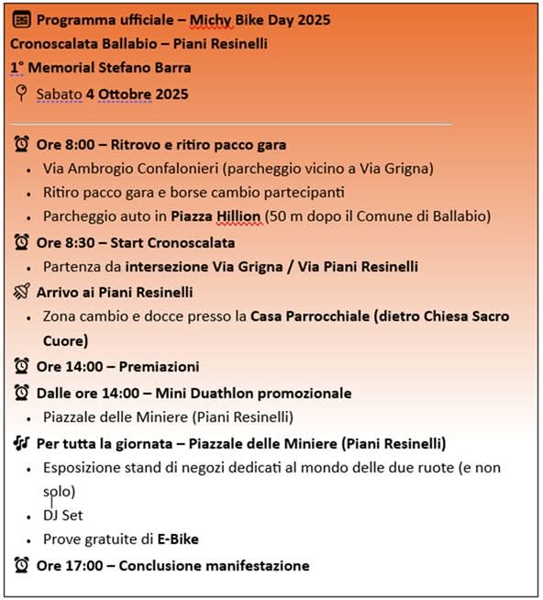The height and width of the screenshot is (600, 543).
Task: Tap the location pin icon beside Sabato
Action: pos(22,94)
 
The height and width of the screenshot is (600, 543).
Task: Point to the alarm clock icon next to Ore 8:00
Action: pos(22,144)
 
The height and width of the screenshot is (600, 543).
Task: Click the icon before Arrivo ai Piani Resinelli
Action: pos(22,291)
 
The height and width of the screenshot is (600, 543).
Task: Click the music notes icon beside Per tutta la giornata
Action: pos(22,443)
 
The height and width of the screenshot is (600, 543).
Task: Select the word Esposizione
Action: pos(83,467)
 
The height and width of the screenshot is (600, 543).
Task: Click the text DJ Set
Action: pos(62,515)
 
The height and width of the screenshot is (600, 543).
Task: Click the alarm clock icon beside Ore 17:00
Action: pos(22,565)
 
